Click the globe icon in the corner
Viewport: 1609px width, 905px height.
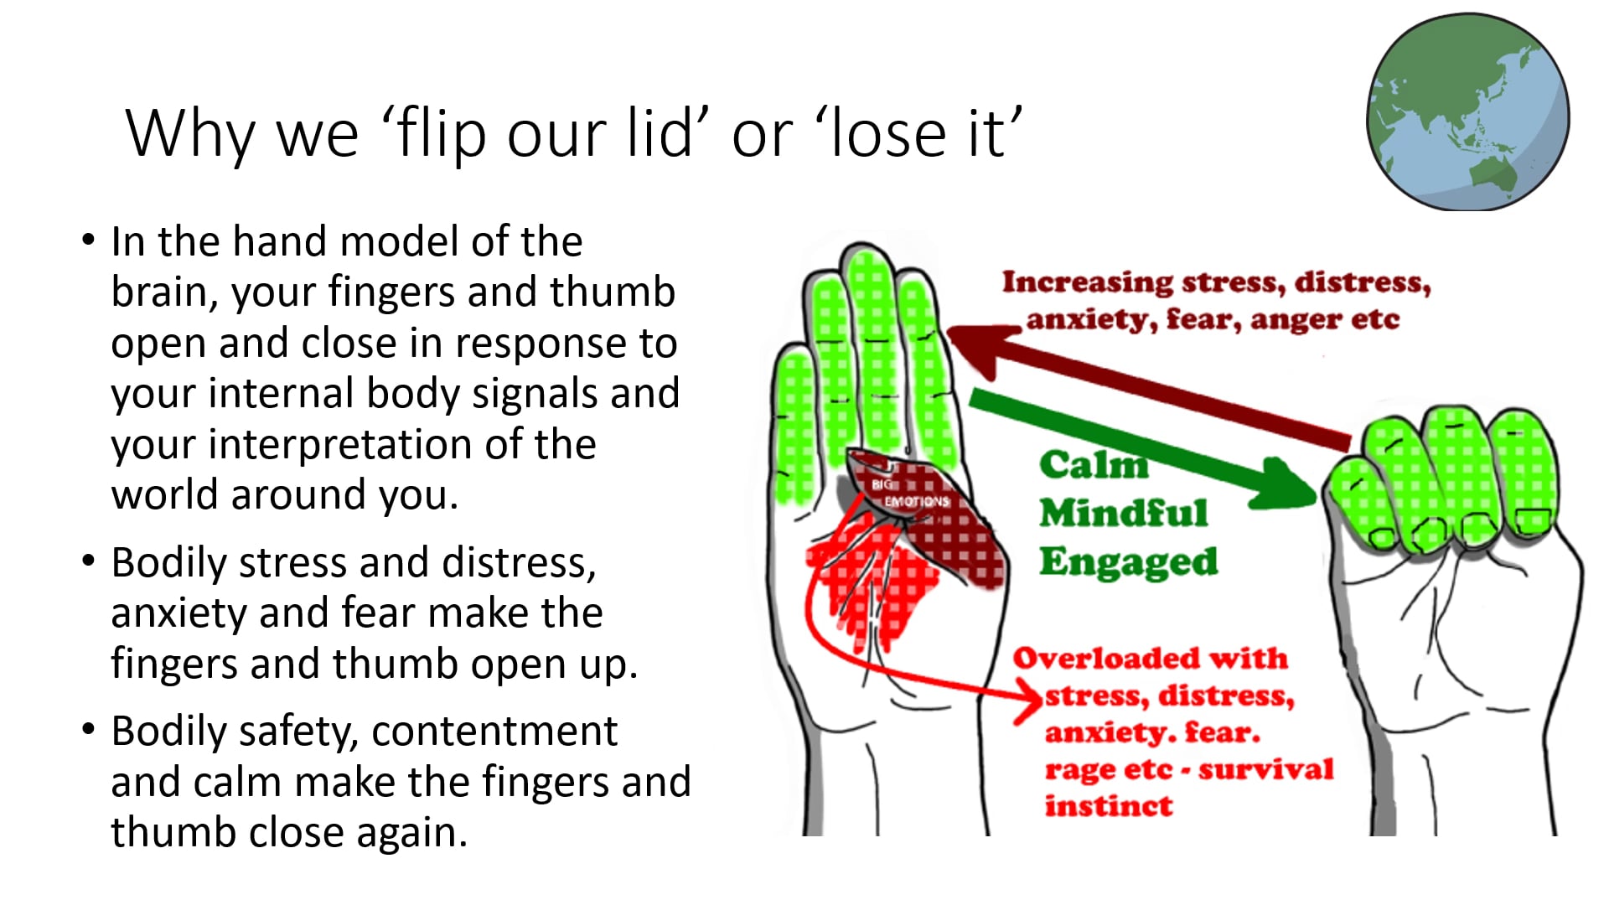(x=1468, y=111)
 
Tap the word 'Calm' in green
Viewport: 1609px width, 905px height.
(x=1093, y=465)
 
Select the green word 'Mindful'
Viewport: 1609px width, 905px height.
(x=1123, y=513)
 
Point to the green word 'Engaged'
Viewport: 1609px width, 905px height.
(x=1128, y=561)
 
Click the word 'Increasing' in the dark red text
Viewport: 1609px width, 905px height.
(x=1087, y=282)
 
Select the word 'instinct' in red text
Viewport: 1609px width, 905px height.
(x=1108, y=806)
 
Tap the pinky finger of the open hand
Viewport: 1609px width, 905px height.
(x=794, y=419)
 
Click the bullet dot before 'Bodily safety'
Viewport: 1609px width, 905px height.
(x=89, y=729)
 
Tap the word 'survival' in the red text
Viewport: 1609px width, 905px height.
(x=1265, y=769)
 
